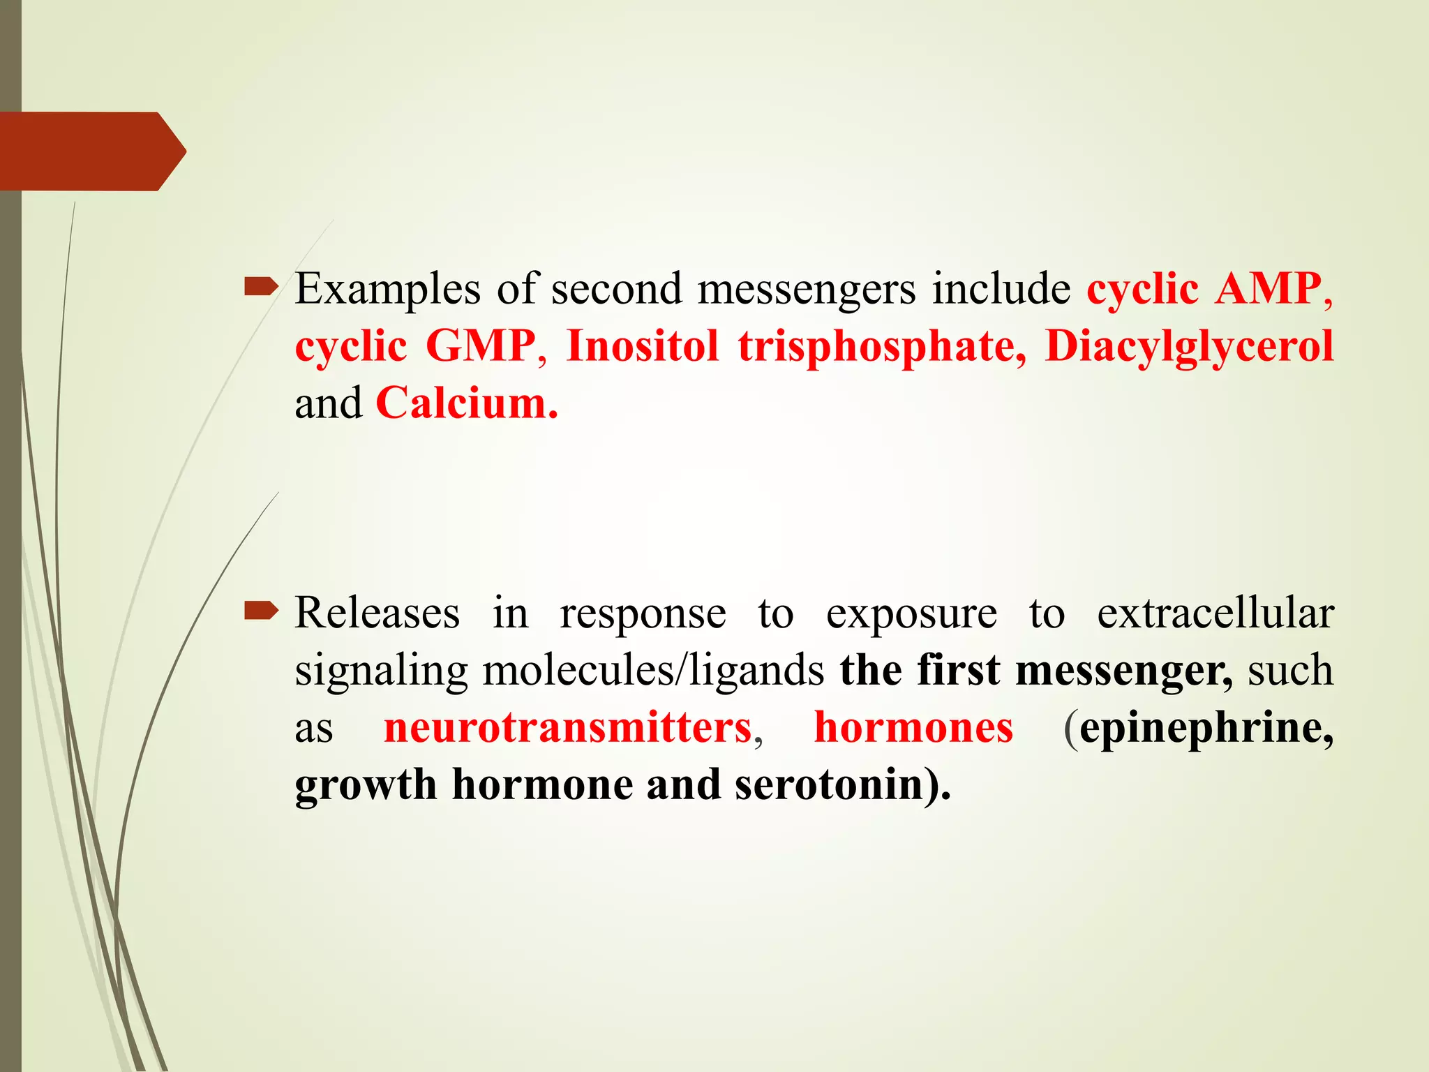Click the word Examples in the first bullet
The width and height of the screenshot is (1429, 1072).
pyautogui.click(x=387, y=289)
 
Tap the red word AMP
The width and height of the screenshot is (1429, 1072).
pyautogui.click(x=1267, y=289)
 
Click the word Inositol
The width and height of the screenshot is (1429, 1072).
pyautogui.click(x=642, y=346)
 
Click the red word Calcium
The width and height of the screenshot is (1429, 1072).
pyautogui.click(x=466, y=403)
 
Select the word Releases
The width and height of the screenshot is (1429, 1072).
pyautogui.click(x=377, y=613)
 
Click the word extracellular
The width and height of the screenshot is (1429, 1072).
pyautogui.click(x=1215, y=613)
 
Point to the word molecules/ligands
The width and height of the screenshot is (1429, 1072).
pyautogui.click(x=653, y=671)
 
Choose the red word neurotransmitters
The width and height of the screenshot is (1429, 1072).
pyautogui.click(x=568, y=728)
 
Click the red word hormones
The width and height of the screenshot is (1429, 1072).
pyautogui.click(x=913, y=728)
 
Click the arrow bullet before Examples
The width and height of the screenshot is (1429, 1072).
pyautogui.click(x=261, y=285)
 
